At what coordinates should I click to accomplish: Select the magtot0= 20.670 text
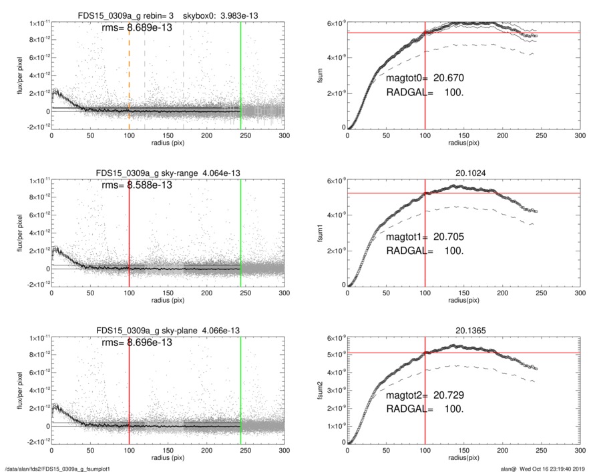pos(424,79)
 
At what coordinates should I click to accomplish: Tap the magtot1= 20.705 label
pos(424,237)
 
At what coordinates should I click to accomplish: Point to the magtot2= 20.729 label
pos(424,394)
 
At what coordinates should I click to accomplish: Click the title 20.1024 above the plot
pos(463,173)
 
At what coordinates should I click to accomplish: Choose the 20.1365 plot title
pos(463,330)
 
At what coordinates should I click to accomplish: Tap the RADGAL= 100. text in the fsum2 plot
pos(424,409)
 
